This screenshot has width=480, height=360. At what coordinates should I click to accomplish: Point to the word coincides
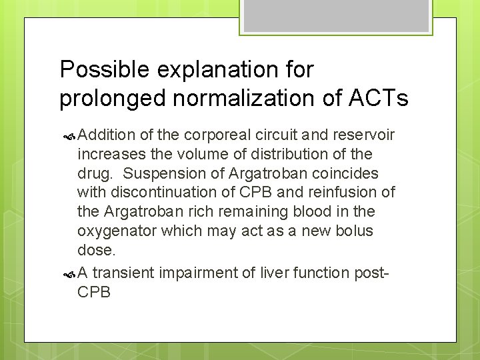[349, 173]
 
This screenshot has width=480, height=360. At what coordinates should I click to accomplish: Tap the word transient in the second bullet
[121, 273]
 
